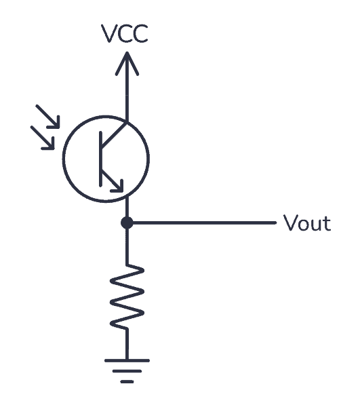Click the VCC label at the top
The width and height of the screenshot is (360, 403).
pyautogui.click(x=125, y=35)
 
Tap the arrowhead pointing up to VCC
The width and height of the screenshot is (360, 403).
pyautogui.click(x=126, y=62)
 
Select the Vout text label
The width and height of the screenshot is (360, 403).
pyautogui.click(x=307, y=223)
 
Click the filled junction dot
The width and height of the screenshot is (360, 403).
pyautogui.click(x=126, y=223)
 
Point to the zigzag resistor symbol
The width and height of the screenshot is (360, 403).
pyautogui.click(x=127, y=297)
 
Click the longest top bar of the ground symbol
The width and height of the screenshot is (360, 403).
pyautogui.click(x=127, y=360)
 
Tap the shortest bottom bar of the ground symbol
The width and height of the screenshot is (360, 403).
pyautogui.click(x=127, y=381)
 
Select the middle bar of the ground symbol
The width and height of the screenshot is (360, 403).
pyautogui.click(x=127, y=371)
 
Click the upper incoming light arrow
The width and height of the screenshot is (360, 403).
pyautogui.click(x=48, y=116)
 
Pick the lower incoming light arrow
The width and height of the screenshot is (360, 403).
pyautogui.click(x=43, y=138)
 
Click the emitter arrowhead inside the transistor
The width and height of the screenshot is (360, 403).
pyautogui.click(x=117, y=185)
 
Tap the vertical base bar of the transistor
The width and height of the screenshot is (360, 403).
pyautogui.click(x=102, y=158)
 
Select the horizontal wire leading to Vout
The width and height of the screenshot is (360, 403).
pyautogui.click(x=203, y=223)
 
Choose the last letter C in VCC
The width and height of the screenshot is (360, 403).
pyautogui.click(x=139, y=35)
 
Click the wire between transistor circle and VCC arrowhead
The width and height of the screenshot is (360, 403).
pyautogui.click(x=126, y=95)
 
